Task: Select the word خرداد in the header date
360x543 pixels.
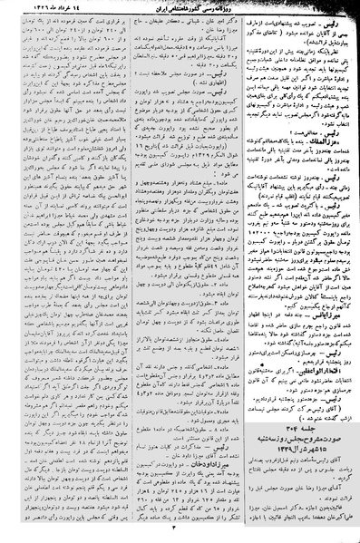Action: coord(70,7)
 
